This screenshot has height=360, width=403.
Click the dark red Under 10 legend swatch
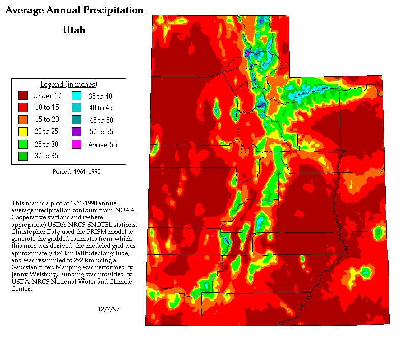(23, 95)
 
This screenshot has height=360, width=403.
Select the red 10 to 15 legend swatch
(23, 107)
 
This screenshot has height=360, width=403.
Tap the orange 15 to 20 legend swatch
(23, 120)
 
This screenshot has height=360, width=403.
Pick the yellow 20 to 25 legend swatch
(23, 132)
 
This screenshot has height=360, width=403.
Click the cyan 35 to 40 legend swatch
(76, 95)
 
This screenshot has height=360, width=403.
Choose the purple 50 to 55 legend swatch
(76, 132)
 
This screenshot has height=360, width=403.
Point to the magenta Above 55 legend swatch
(76, 144)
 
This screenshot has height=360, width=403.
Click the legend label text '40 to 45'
(101, 108)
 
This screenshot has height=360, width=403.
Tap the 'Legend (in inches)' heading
(69, 84)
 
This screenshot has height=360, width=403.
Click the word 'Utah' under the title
(74, 30)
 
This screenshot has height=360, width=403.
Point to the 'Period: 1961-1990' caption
(76, 172)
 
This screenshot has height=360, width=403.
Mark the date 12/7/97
(108, 309)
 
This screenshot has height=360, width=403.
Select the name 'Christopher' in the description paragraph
(30, 231)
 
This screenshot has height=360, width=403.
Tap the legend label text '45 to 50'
(101, 120)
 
